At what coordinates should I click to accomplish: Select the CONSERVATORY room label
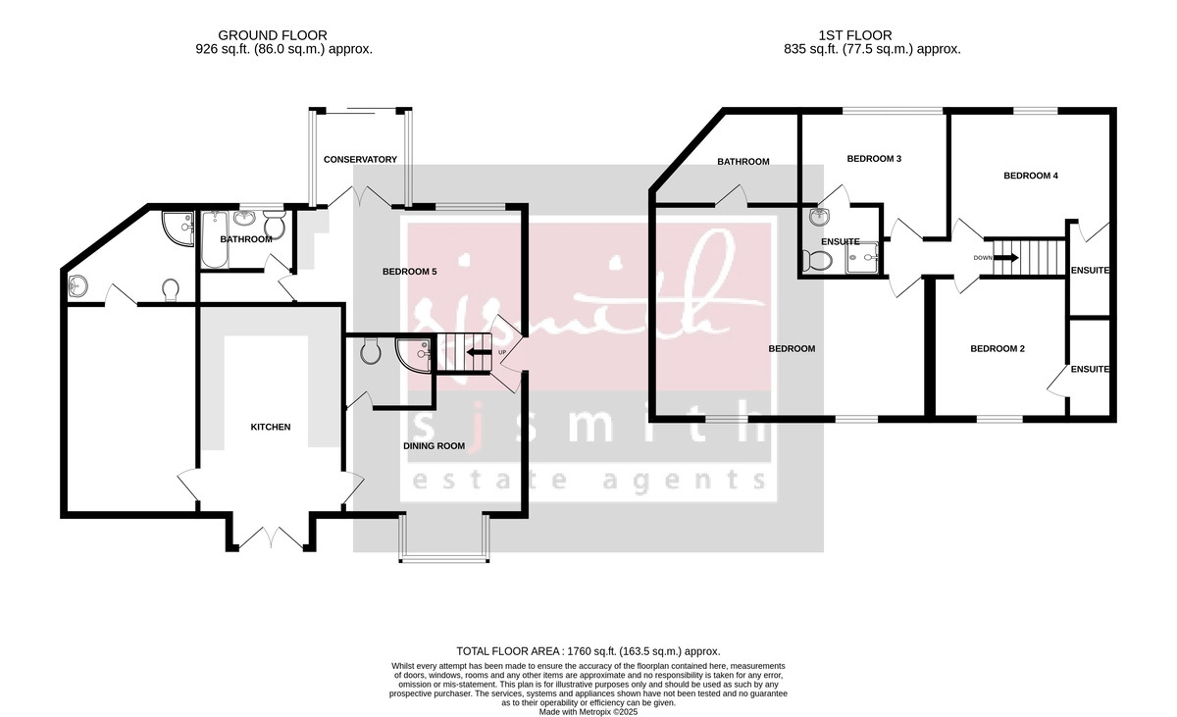360,159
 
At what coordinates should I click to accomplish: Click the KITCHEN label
271,427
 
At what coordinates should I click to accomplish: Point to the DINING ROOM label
434,446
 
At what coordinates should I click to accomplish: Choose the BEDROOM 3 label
874,158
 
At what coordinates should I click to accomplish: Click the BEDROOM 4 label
1031,176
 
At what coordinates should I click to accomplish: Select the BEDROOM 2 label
998,348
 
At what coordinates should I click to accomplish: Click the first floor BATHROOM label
742,162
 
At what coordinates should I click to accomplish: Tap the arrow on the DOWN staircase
1009,258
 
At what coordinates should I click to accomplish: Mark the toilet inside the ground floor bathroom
277,228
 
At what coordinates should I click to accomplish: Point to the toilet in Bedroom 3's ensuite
816,260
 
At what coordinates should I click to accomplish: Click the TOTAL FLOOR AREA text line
588,651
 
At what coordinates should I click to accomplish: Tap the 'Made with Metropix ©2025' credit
588,711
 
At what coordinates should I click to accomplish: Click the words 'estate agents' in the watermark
588,480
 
